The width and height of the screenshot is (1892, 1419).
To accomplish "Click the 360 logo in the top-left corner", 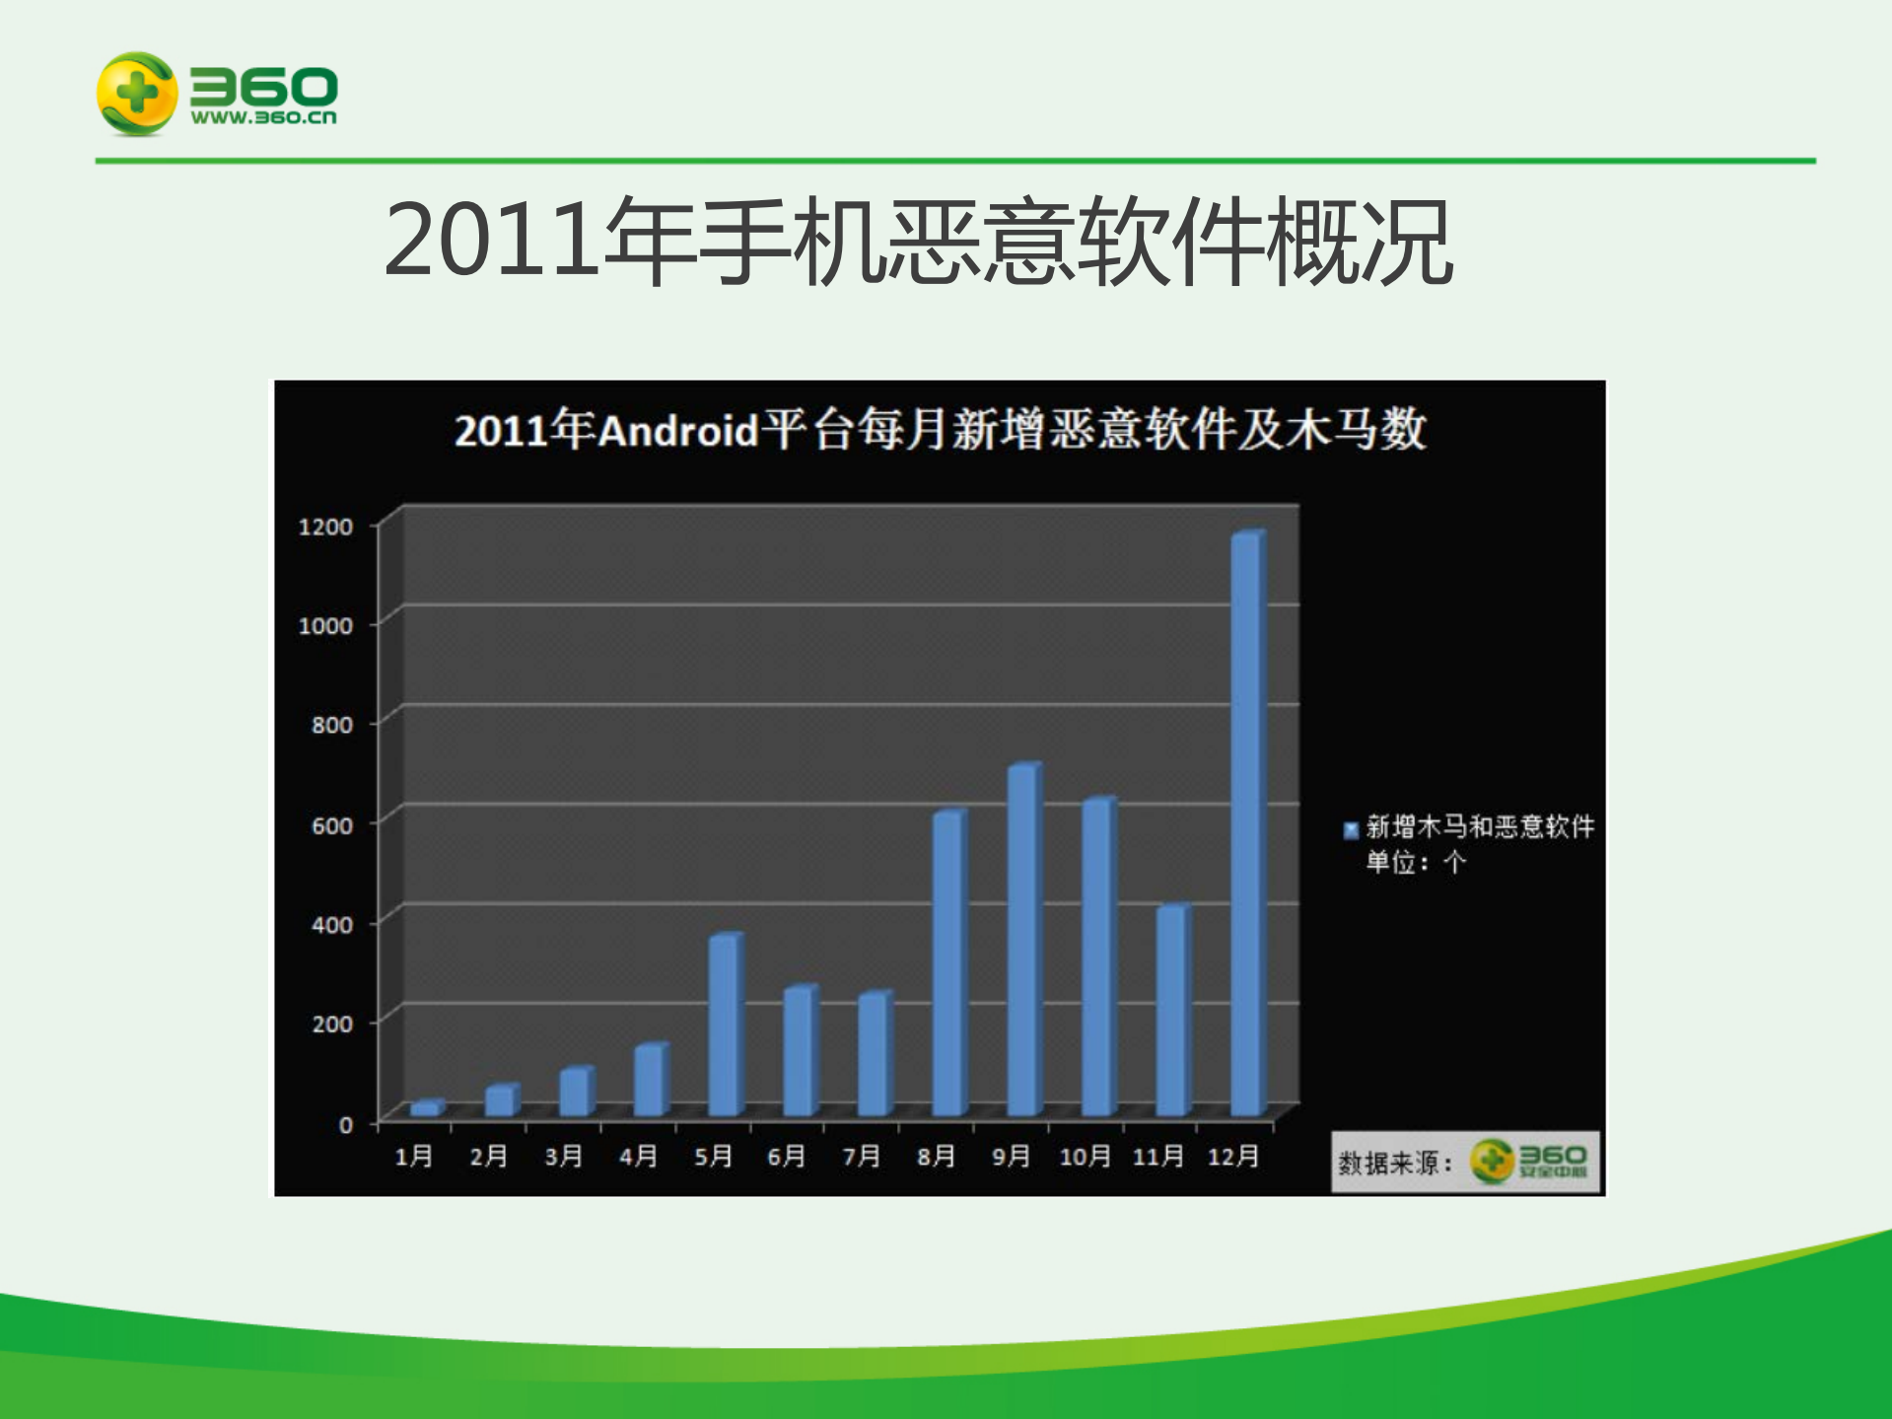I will [217, 94].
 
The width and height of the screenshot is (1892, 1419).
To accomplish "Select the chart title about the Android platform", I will [940, 430].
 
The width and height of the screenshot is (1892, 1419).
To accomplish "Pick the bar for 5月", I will [724, 1025].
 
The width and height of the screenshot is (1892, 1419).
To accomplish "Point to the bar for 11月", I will [1171, 1011].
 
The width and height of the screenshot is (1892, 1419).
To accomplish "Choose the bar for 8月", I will [947, 963].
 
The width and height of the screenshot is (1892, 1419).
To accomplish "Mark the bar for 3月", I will [574, 1092].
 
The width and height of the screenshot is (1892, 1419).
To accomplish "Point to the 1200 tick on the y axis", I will [325, 527].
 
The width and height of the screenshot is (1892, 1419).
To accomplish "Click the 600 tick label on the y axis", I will [332, 825].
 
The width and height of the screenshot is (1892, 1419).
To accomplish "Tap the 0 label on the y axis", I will [345, 1124].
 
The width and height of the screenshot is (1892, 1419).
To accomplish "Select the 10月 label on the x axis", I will [1085, 1156].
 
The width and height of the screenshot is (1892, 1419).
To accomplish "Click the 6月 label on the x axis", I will [786, 1156].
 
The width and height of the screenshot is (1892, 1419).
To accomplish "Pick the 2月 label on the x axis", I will [488, 1156].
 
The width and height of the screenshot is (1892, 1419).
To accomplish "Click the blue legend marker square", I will [1351, 830].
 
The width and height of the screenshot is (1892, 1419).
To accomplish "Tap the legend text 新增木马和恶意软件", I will [1480, 826].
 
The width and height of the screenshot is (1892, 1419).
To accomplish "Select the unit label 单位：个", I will [1416, 863].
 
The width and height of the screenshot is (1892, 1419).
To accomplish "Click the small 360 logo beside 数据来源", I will [1528, 1161].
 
